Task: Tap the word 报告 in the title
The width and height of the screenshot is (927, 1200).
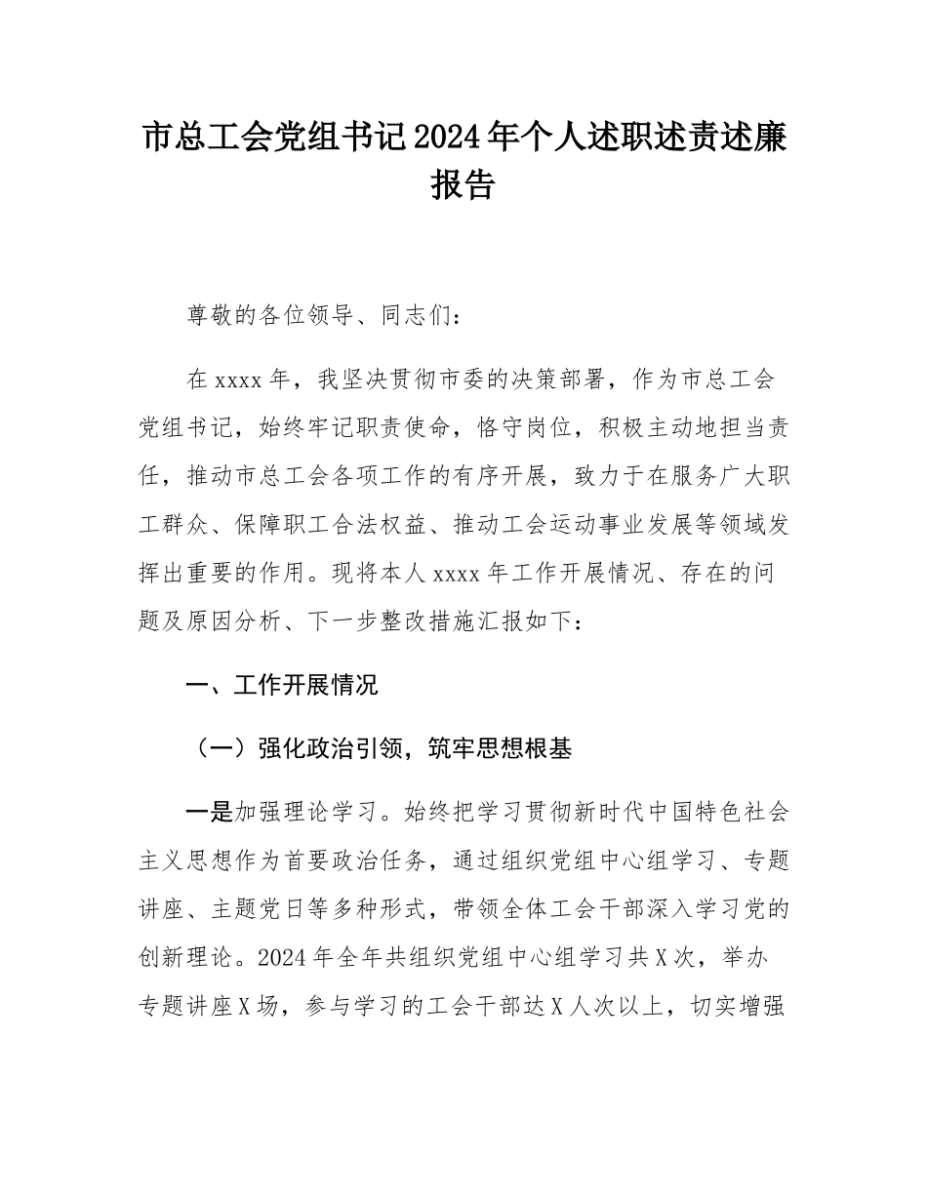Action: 463,183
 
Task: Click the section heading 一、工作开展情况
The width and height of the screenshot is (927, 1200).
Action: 282,686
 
